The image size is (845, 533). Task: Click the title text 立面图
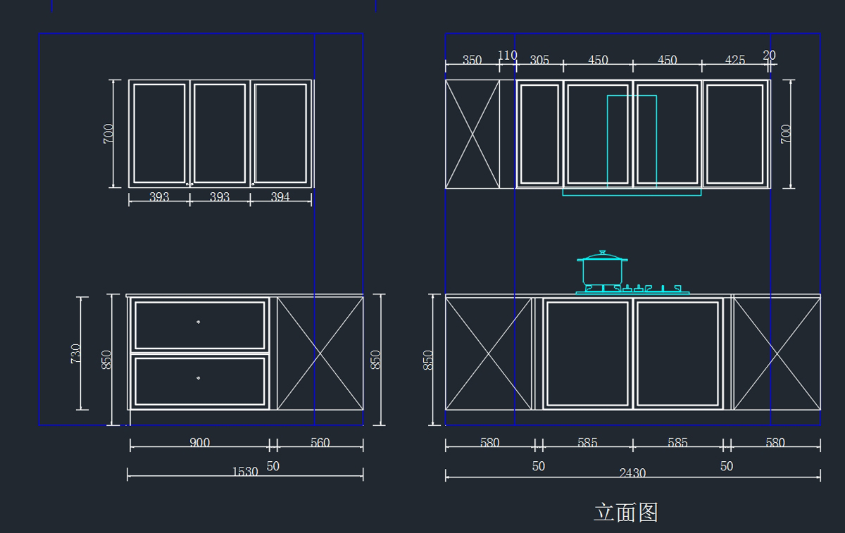pos(625,512)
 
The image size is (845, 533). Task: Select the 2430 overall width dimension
pos(632,473)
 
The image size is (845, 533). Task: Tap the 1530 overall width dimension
pos(245,472)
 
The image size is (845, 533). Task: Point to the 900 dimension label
pos(199,443)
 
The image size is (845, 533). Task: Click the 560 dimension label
pos(320,443)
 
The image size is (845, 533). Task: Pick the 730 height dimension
pos(76,353)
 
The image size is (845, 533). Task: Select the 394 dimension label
pos(280,197)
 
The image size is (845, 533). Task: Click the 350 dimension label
pos(472,61)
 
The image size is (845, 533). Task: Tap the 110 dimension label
pos(507,55)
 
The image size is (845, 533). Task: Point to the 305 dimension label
pos(539,61)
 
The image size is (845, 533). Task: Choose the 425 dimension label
pos(734,61)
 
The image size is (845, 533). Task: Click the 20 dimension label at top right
pos(769,55)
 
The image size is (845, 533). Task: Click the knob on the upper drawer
pos(199,322)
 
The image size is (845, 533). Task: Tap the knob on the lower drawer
pos(199,378)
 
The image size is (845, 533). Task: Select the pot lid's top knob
pos(602,251)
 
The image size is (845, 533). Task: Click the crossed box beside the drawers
pos(320,353)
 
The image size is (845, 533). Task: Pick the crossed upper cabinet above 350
pos(472,134)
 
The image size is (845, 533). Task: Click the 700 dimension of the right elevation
pos(786,134)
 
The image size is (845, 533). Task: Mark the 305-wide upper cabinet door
pos(539,134)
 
